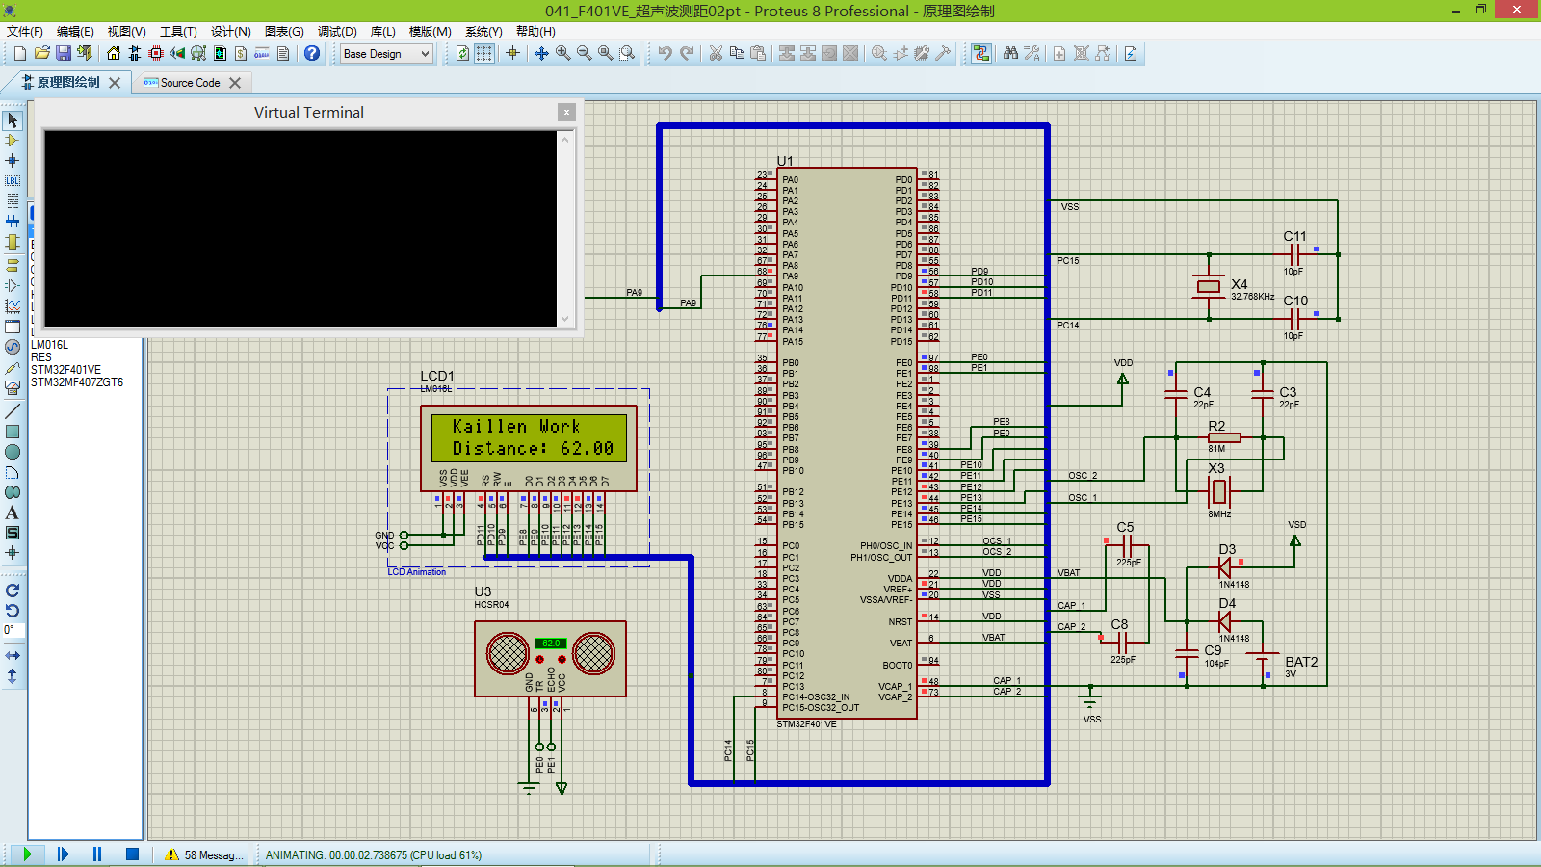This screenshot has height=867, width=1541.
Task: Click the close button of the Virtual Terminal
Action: click(x=566, y=113)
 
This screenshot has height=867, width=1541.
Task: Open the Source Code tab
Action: click(x=190, y=83)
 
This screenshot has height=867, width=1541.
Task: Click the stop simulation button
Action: click(x=132, y=854)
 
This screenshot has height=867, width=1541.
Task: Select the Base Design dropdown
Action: click(x=386, y=54)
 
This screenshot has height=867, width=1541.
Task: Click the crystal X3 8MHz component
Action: click(x=1219, y=491)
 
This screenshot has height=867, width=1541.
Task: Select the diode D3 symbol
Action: click(x=1225, y=567)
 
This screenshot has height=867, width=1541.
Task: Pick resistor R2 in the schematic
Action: click(x=1223, y=437)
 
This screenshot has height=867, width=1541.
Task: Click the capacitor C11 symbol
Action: click(x=1295, y=254)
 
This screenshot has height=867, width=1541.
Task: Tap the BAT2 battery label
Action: click(x=1300, y=662)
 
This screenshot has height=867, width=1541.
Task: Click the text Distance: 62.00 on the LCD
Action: click(x=533, y=448)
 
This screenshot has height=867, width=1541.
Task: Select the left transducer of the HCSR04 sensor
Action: click(x=508, y=654)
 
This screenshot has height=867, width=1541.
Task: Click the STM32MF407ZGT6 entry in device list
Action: click(x=77, y=382)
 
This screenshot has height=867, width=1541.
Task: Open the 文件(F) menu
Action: click(x=25, y=32)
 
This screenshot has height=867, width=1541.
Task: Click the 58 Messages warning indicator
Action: click(x=203, y=854)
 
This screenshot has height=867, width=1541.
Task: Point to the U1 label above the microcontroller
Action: click(x=785, y=161)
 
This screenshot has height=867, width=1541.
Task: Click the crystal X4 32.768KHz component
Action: click(x=1209, y=286)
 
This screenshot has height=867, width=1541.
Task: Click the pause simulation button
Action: click(x=97, y=854)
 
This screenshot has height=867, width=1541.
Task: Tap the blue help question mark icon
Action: click(x=312, y=54)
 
